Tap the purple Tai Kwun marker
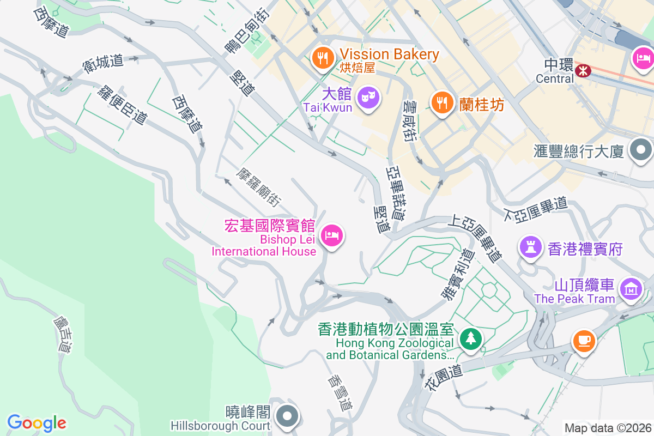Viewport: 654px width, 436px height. [x=369, y=98]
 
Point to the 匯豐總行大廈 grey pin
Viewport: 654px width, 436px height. [x=640, y=149]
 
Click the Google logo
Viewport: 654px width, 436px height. [x=37, y=423]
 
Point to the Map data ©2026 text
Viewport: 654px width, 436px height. [x=608, y=428]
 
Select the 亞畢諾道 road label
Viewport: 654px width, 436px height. [x=395, y=192]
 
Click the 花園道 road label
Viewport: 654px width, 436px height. [x=443, y=377]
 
